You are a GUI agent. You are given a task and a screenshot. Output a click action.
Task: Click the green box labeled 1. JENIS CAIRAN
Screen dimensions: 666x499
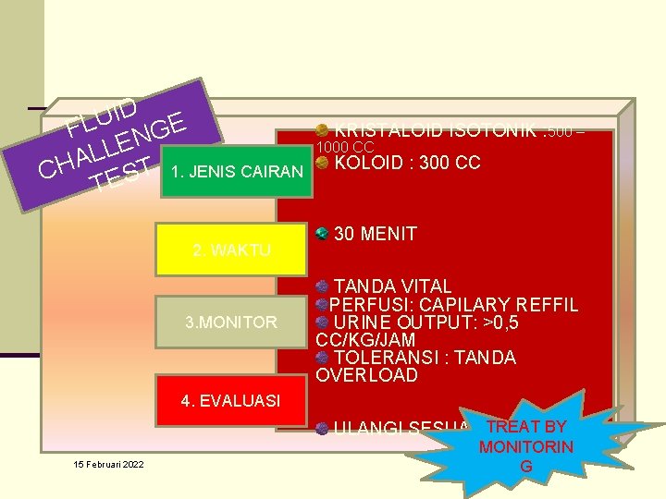pos(236,172)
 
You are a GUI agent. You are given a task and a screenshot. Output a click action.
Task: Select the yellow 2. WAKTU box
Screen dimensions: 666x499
pos(230,249)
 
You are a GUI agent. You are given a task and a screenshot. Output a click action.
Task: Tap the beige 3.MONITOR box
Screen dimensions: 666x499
pos(230,323)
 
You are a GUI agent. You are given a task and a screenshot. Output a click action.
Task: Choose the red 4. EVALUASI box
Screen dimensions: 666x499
pos(230,400)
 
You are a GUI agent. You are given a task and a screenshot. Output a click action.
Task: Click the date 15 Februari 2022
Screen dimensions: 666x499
pos(109,464)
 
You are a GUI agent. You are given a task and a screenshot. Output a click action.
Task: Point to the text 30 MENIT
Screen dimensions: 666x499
pos(375,234)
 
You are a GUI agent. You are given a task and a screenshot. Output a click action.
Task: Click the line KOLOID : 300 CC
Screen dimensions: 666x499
pos(407,163)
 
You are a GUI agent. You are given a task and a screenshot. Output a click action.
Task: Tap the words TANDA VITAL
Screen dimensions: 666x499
pos(392,286)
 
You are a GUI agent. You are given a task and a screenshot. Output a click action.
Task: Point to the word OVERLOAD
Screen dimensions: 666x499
pos(366,375)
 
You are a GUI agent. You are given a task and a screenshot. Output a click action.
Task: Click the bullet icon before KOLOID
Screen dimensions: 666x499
pos(321,162)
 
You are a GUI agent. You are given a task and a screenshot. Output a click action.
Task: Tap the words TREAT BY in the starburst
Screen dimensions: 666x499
pos(525,427)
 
